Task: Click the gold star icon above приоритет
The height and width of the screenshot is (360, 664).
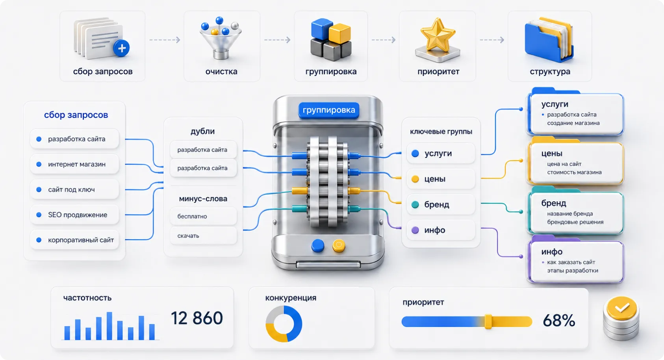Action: click(438, 35)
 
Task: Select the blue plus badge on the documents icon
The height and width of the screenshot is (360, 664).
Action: click(122, 48)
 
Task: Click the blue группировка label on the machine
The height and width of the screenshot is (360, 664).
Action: click(329, 110)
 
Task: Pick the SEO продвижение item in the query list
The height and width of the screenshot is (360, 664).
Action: click(75, 215)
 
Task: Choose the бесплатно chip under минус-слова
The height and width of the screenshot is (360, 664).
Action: click(203, 216)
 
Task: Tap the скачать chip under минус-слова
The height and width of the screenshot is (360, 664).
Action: click(203, 236)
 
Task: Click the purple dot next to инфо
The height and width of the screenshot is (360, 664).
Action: click(415, 230)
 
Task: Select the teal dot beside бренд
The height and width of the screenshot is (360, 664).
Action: click(415, 204)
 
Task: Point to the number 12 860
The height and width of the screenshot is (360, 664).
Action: click(197, 318)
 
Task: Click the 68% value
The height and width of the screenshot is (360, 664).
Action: click(559, 321)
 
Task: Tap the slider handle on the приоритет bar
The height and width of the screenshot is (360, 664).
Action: click(488, 321)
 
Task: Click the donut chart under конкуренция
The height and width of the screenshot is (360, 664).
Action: click(284, 324)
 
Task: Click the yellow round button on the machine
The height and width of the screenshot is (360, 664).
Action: click(339, 245)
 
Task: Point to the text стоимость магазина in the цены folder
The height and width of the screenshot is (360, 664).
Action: click(574, 172)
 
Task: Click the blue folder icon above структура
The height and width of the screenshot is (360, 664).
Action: click(549, 39)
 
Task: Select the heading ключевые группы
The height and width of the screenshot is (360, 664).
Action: click(441, 132)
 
